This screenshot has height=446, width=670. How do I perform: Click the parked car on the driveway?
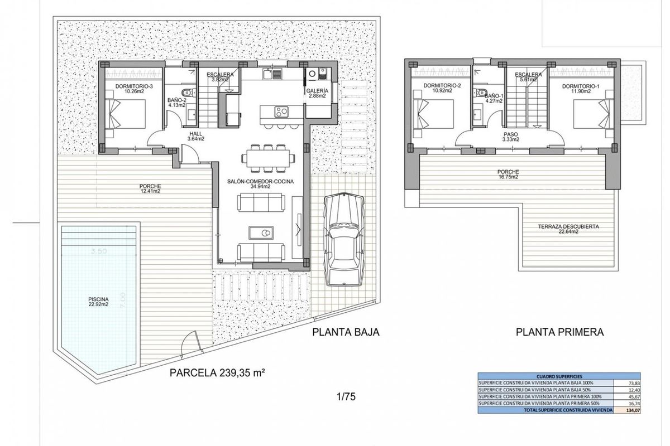click(x=344, y=237)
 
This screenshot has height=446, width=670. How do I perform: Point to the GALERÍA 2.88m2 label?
click(x=317, y=93)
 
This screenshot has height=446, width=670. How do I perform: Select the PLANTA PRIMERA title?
click(x=560, y=332)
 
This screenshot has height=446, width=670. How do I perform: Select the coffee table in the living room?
click(x=261, y=232)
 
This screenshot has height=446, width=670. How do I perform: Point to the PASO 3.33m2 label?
click(x=510, y=137)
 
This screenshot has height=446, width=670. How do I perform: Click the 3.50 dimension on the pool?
click(x=98, y=251)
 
